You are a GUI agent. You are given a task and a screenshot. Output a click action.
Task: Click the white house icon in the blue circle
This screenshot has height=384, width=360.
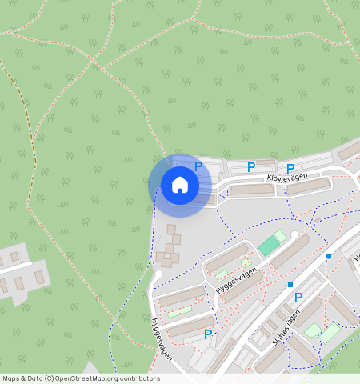(x=180, y=186)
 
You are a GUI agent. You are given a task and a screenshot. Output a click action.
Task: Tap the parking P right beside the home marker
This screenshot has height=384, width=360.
(x=198, y=166)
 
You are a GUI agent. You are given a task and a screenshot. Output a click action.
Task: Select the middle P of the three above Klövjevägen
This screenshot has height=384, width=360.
(x=250, y=167)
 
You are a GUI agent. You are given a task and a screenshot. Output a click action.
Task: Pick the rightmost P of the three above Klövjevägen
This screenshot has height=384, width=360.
(x=290, y=168)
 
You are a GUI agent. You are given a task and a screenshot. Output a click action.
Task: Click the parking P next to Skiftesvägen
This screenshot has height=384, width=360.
(x=298, y=297)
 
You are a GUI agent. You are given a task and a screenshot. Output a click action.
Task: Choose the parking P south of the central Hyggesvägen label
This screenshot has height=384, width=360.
(x=208, y=334)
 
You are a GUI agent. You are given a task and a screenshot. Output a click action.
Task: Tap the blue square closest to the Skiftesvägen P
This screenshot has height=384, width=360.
(x=290, y=285)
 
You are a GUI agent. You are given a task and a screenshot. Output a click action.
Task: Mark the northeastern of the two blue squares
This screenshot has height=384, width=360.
(x=329, y=256)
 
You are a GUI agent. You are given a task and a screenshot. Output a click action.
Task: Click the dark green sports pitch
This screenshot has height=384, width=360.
(x=267, y=246)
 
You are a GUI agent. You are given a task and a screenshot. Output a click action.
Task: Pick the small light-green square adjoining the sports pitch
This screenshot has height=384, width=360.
(x=279, y=236)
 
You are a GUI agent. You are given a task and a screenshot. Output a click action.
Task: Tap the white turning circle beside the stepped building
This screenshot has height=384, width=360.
(x=158, y=274)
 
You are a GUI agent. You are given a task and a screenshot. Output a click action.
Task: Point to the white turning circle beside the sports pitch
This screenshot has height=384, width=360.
(x=295, y=234)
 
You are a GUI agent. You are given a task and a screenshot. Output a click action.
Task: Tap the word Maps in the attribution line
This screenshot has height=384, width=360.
(x=12, y=378)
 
